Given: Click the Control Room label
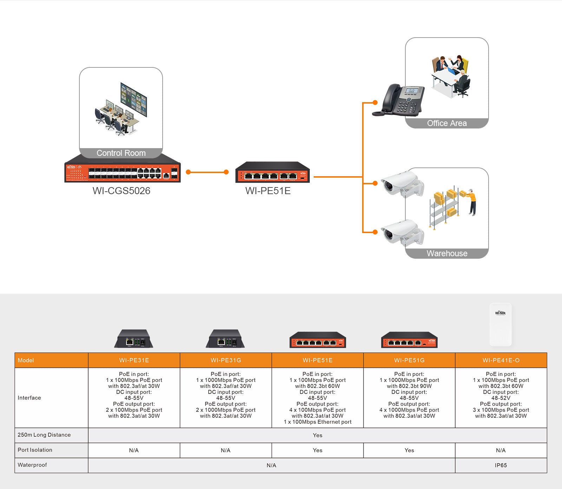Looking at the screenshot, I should [121, 153].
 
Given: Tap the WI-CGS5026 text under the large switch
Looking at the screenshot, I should [121, 191].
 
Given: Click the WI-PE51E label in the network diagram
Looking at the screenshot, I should [268, 191].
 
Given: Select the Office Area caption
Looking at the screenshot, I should [446, 123].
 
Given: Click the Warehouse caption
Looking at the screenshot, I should [446, 253].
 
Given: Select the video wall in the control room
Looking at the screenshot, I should [133, 99].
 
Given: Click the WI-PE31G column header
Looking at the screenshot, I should [226, 360].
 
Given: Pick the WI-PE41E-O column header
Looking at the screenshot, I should [501, 360].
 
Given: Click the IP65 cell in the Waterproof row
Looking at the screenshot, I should [501, 465].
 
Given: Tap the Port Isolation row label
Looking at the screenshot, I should [35, 450].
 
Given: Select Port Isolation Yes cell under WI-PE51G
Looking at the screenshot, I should [409, 450].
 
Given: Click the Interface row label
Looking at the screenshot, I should [29, 398].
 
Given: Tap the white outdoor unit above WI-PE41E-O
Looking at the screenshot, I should [501, 325].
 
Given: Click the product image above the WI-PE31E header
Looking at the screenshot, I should [134, 339].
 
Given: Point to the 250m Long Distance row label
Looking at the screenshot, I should [44, 435].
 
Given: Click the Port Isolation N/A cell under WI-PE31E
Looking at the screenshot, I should [134, 450].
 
